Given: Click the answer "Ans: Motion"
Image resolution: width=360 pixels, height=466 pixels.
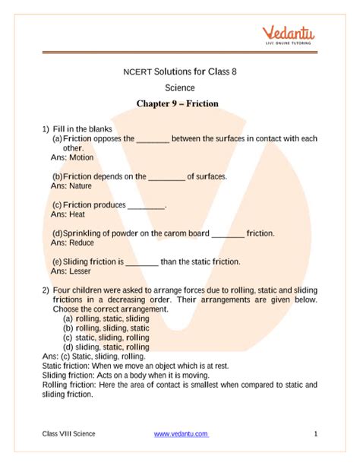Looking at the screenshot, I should pos(71,158).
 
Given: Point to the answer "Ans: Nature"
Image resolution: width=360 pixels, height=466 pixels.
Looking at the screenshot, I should pos(71,185).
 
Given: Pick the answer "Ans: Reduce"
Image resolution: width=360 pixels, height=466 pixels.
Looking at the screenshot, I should pos(72,243).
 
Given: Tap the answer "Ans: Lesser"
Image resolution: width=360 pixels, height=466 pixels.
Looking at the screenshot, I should pos(71,271).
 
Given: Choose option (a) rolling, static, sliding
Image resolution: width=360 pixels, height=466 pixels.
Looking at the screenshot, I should pos(106,319).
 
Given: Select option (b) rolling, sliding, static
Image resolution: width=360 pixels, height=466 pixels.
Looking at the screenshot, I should pos(106,328).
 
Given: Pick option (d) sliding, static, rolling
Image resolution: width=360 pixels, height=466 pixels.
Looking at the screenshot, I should pos(106,347).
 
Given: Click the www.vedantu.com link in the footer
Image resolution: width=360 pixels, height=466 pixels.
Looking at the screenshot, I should pos(181,433).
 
